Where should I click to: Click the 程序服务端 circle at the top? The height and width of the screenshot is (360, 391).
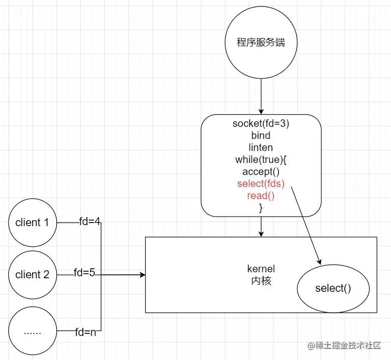pos(260,43)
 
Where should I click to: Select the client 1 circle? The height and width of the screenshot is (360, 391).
pos(33,223)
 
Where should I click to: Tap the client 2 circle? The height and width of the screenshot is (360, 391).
pos(33,274)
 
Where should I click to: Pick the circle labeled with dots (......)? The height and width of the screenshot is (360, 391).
pos(33,331)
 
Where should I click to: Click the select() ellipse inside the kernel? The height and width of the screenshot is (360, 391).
pos(333,288)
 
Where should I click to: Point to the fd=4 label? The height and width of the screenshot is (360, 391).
pos(90,222)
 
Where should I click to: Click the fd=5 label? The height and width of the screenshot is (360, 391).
pos(84,273)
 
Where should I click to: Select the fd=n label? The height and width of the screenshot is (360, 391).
pos(86,332)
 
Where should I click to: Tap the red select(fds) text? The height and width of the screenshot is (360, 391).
pos(260,184)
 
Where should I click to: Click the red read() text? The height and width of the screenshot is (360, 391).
pos(260,196)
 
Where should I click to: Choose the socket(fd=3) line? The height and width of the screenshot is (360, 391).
pos(260,123)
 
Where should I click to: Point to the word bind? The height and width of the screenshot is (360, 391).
pos(260,135)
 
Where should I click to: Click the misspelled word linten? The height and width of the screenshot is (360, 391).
pos(260,147)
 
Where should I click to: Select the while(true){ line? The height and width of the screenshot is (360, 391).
pos(260,159)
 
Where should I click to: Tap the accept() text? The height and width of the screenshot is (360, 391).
pos(260,171)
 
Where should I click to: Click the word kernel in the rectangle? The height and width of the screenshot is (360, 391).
pos(261,269)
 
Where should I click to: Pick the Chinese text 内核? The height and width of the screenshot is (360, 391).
pos(261,281)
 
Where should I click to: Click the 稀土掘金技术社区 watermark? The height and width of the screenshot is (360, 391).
pos(344,346)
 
